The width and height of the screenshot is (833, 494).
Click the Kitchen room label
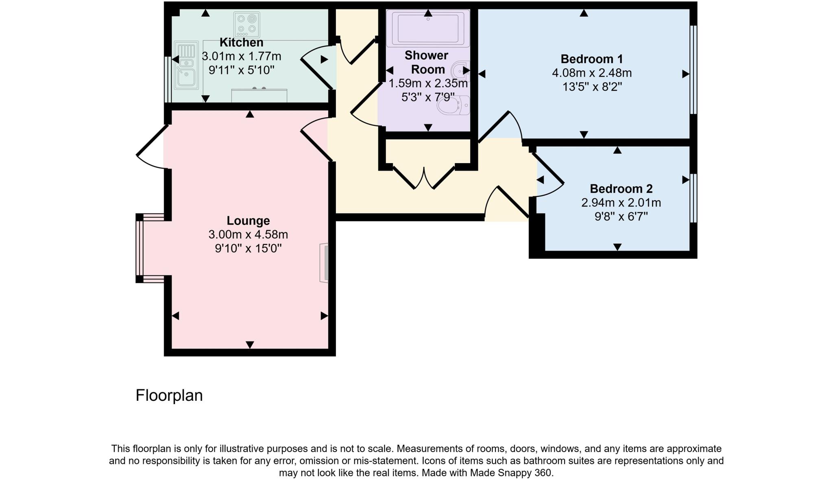click(241, 42)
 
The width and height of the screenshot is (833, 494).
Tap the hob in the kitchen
click(246, 24)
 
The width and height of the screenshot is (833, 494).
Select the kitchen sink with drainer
click(186, 65)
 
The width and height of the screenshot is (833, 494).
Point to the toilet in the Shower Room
click(453, 106)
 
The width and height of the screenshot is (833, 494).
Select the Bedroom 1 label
click(591, 59)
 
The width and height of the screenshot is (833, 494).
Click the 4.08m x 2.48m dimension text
click(591, 73)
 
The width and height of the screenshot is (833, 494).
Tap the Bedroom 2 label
click(621, 189)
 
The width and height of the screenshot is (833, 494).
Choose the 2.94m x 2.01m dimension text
click(621, 203)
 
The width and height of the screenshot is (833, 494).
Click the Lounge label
click(248, 221)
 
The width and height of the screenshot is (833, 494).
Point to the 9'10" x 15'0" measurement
click(248, 248)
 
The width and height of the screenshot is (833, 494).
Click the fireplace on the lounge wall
click(324, 263)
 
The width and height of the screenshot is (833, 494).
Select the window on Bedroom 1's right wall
click(693, 70)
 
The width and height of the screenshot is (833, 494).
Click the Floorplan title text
click(169, 396)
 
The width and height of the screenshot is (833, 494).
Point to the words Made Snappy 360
click(511, 473)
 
